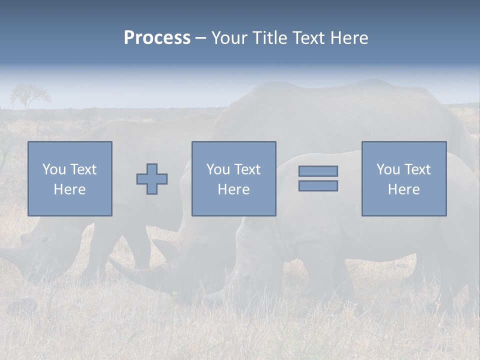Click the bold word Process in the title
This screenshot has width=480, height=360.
157,38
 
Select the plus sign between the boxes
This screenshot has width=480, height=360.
152,179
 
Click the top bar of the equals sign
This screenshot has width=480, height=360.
318,171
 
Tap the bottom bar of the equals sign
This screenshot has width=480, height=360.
318,186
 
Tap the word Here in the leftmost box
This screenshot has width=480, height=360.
69,189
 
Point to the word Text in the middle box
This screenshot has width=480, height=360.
247,169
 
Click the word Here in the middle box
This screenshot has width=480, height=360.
233,189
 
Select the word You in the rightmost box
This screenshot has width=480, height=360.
387,169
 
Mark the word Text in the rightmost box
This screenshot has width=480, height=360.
417,169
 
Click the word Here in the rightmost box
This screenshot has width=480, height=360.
403,189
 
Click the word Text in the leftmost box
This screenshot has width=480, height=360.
83,169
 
